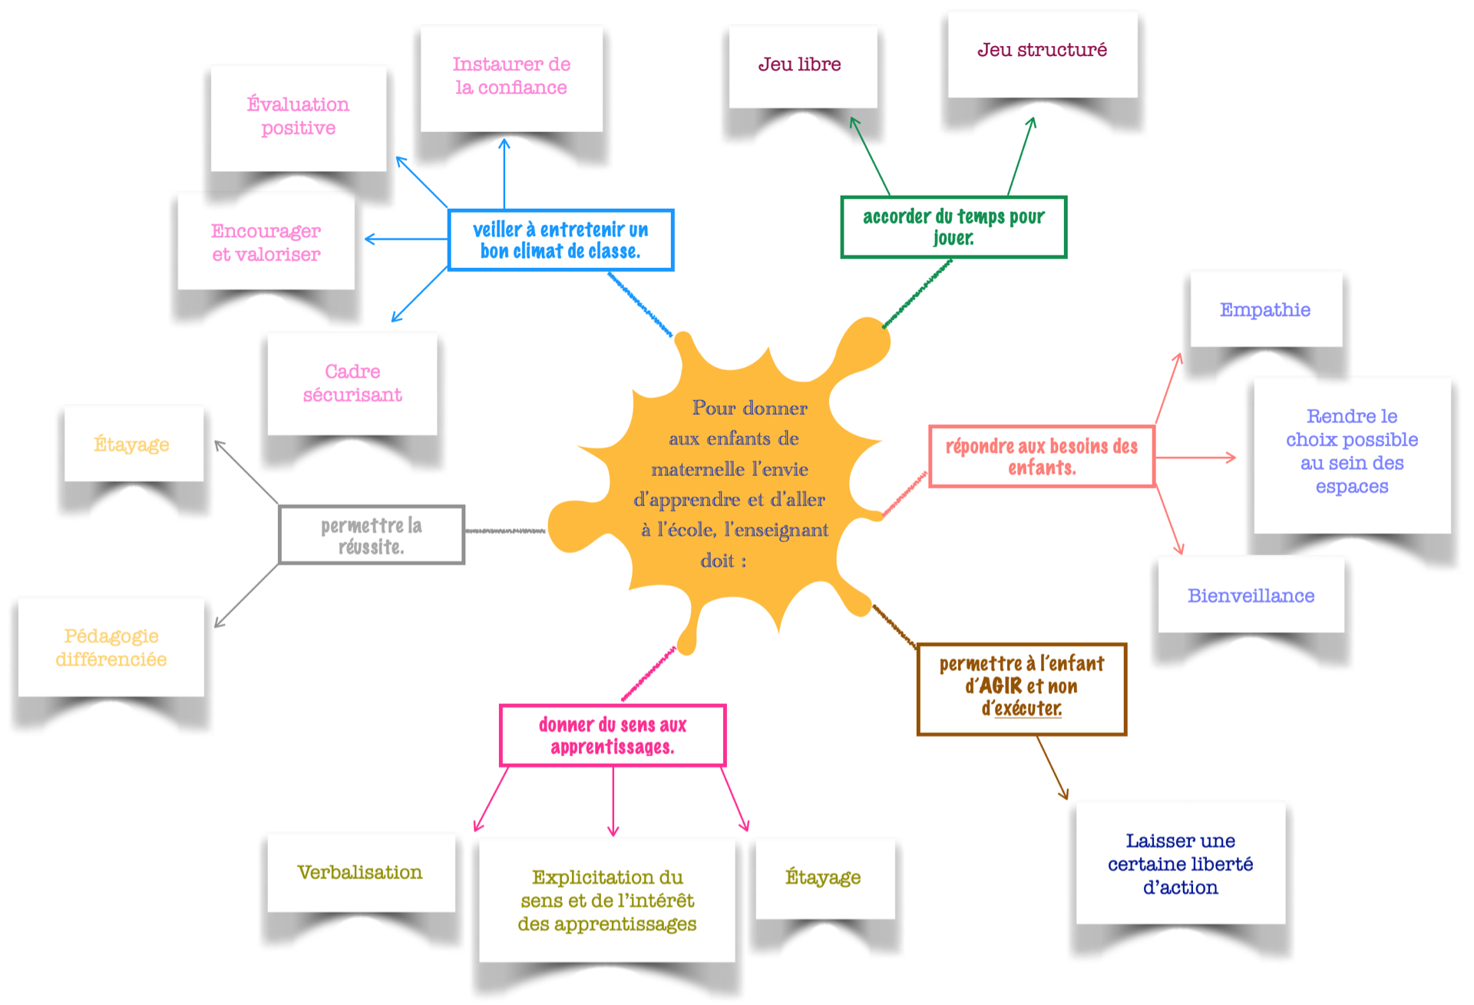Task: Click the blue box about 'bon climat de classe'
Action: click(x=560, y=240)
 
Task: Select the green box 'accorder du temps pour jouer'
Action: click(x=953, y=226)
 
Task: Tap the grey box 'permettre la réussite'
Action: click(x=371, y=535)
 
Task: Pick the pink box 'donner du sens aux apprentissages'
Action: click(x=612, y=735)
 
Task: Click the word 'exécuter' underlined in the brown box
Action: click(x=1028, y=708)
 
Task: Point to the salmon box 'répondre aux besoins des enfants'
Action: click(x=1041, y=456)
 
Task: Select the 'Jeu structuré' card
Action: click(x=1042, y=52)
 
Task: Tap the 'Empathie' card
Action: click(x=1265, y=309)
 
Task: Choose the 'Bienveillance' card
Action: click(x=1251, y=596)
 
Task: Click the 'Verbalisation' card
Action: click(x=360, y=872)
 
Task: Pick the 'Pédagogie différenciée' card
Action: click(x=111, y=647)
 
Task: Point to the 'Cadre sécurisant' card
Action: click(x=352, y=383)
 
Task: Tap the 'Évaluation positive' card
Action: click(x=298, y=117)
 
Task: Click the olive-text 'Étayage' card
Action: click(x=824, y=878)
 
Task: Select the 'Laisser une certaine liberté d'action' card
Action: click(x=1180, y=864)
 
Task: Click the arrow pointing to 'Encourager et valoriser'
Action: click(x=405, y=240)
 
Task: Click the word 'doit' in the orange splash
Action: click(x=718, y=560)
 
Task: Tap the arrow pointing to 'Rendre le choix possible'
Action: click(x=1196, y=458)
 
